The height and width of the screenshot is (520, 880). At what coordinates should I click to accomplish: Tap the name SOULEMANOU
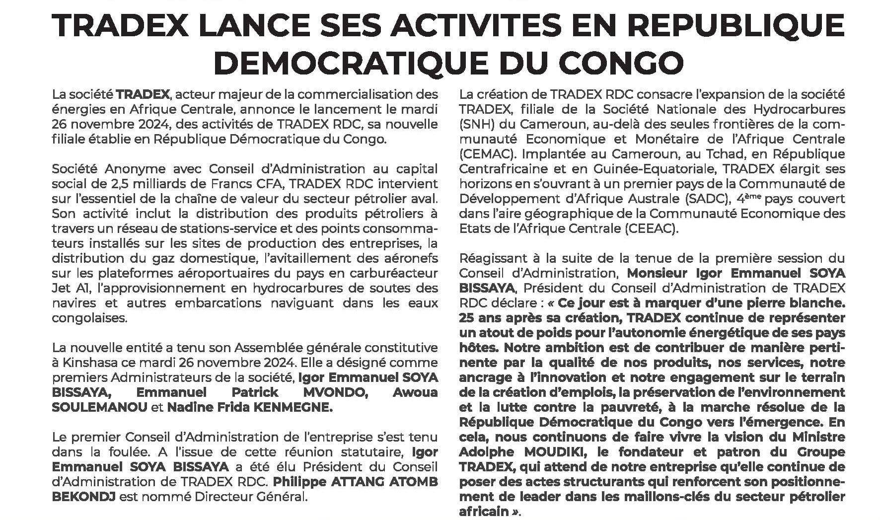tap(99, 408)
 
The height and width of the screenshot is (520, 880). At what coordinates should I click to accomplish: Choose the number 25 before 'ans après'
tap(467, 317)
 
